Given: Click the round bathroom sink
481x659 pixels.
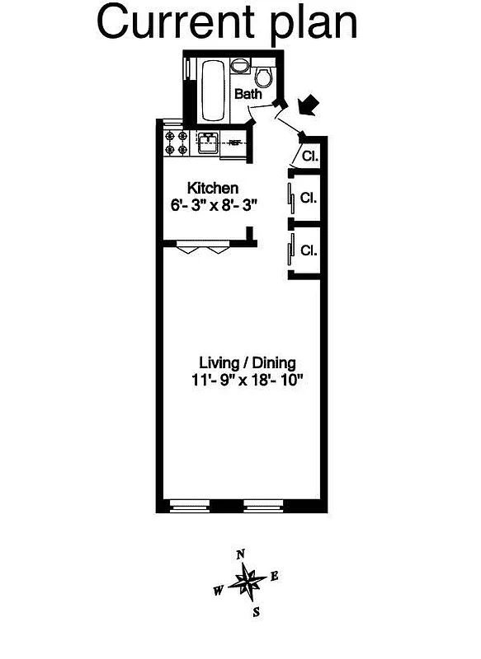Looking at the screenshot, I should point(239,66).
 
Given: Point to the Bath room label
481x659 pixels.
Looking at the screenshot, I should point(248,95).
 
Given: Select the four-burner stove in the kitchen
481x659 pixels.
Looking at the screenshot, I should point(177,143).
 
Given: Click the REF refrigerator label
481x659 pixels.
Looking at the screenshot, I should point(235,143).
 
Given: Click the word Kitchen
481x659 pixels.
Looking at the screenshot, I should point(213,188).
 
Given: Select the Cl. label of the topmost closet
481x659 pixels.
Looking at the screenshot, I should point(310,156).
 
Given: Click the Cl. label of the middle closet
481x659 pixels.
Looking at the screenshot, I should point(309,198).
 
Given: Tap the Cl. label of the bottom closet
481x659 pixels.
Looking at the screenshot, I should point(309,250).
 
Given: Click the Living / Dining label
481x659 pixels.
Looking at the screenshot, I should point(247,362).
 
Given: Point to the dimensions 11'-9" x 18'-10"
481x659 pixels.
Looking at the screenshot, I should point(247,381).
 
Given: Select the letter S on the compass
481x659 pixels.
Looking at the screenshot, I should point(257,611).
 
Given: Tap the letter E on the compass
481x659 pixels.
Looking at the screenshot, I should point(274,577).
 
